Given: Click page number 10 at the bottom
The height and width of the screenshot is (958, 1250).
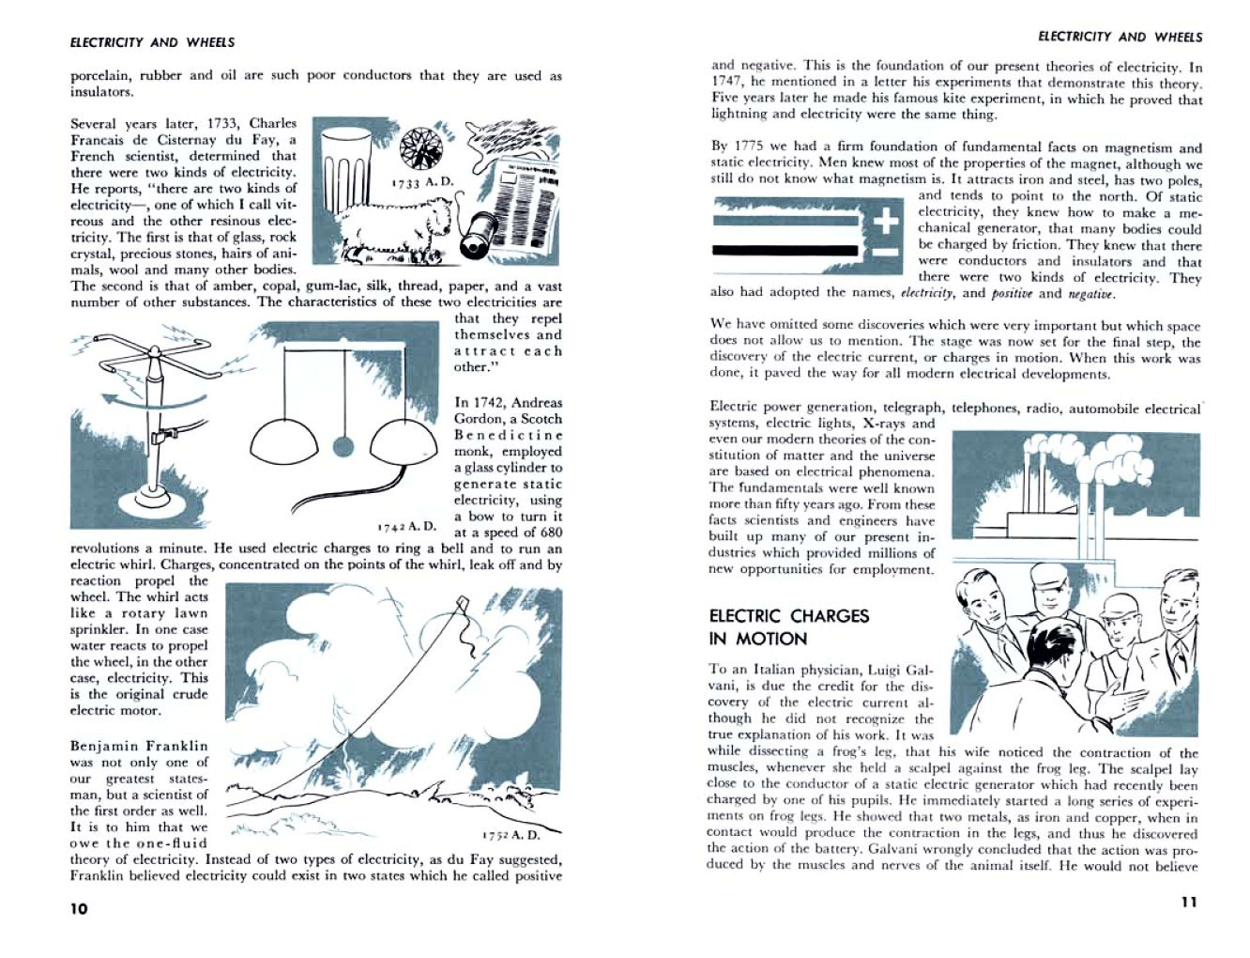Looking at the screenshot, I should click(x=79, y=908).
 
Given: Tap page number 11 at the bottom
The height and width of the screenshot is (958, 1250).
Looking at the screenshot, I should click(x=1188, y=902).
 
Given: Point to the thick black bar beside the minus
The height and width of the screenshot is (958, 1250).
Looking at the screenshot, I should click(x=785, y=251).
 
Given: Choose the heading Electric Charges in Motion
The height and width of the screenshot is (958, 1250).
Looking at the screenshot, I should click(x=789, y=627).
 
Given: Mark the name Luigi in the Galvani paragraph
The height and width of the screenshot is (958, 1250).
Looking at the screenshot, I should click(x=885, y=670).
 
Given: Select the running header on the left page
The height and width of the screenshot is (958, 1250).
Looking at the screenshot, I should click(x=152, y=42).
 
